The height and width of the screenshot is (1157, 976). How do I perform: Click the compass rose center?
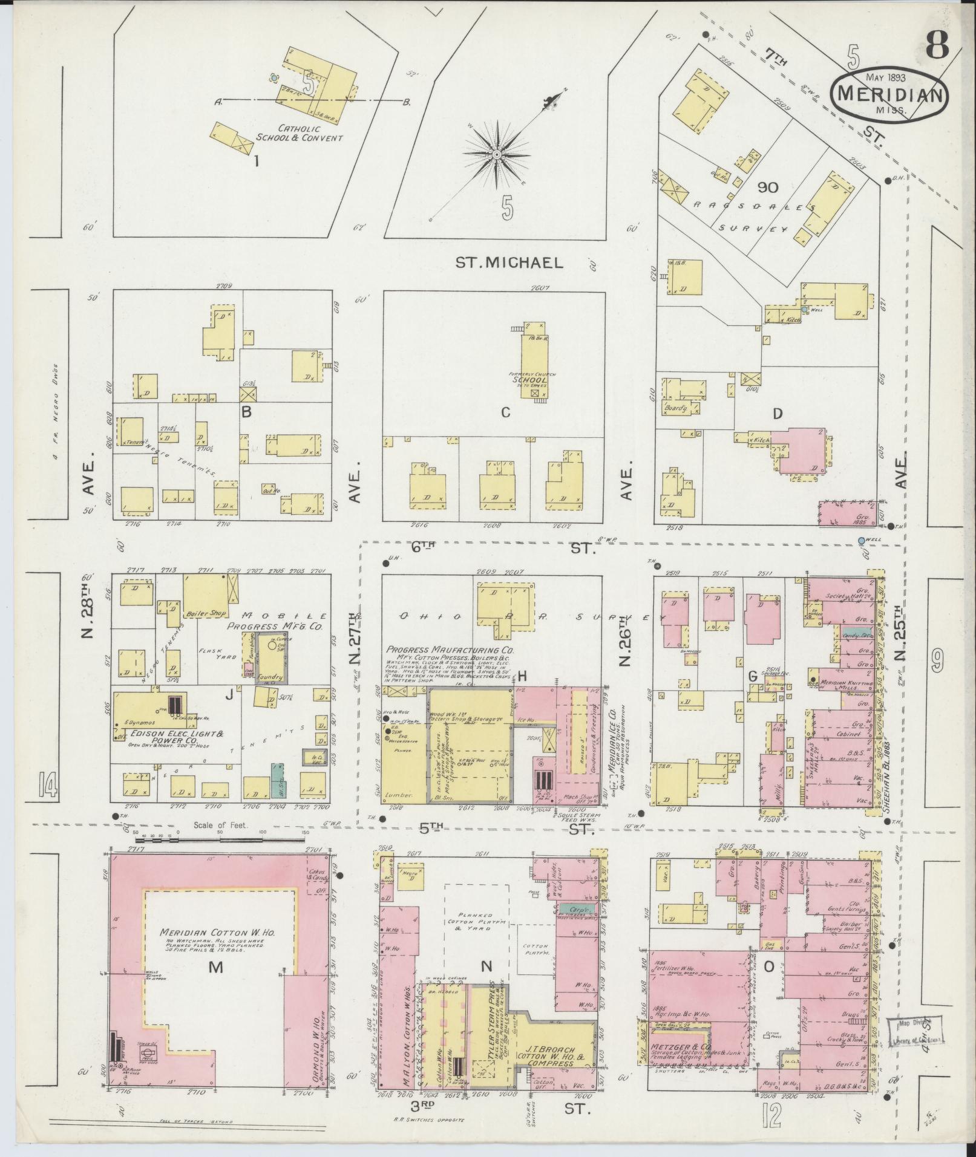point(496,155)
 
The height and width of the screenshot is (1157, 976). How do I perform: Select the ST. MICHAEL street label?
point(509,262)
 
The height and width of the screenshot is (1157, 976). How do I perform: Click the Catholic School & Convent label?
point(299,133)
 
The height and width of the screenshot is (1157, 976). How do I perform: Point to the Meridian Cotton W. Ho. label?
point(218,949)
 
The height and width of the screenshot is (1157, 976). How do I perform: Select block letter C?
point(506,412)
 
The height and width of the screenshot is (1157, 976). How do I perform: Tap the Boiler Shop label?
point(208,613)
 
